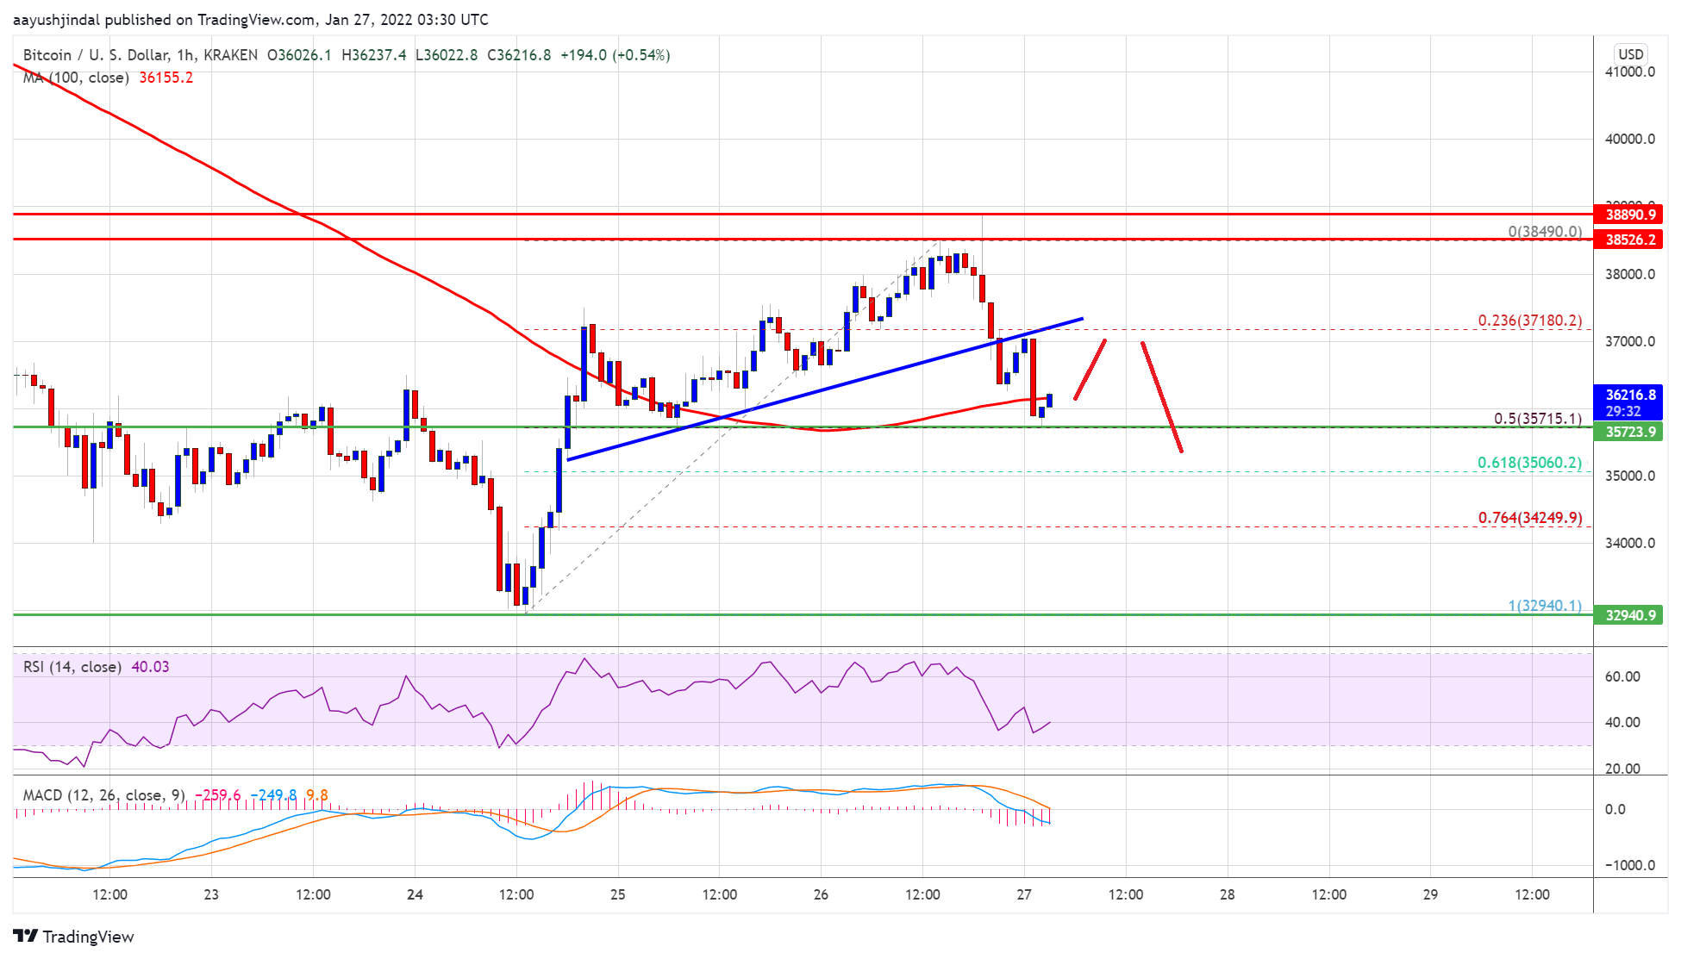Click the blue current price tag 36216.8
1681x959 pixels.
pos(1627,402)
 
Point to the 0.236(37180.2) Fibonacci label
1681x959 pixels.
pos(1529,321)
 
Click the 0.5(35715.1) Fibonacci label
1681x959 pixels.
pos(1537,419)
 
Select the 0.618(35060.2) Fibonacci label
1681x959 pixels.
pos(1529,463)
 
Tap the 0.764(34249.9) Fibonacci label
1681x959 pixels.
pos(1529,518)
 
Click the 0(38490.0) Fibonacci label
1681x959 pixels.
pos(1544,232)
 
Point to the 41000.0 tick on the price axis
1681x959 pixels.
pos(1629,72)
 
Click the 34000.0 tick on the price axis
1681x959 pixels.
pos(1629,543)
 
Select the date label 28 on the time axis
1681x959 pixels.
pos(1227,894)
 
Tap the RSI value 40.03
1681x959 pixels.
pos(150,667)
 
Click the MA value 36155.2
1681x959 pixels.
pos(166,78)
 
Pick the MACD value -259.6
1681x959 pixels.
pos(218,795)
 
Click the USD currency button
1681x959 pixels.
pos(1630,54)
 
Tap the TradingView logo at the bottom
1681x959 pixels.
pos(74,937)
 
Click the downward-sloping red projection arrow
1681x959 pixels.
pos(1161,396)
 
